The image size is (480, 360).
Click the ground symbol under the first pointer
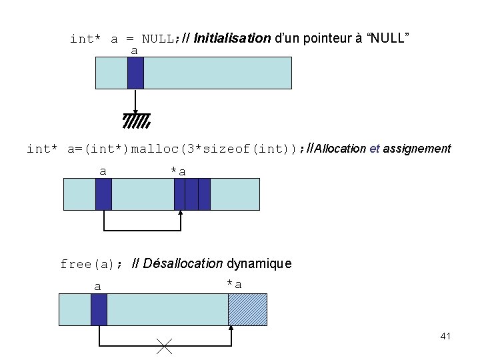coord(136,120)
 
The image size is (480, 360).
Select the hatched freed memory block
coord(247,309)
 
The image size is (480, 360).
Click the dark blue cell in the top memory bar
coord(135,73)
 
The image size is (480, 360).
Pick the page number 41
coord(445,336)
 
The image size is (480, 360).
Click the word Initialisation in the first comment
coord(232,38)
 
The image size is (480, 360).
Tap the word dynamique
coord(260,263)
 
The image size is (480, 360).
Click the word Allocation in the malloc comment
coord(340,149)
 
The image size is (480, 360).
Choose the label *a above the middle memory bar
coord(178,171)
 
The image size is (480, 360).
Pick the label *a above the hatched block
coord(234,285)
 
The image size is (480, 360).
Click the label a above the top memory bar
coord(134,51)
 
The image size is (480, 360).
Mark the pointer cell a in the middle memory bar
coord(103,194)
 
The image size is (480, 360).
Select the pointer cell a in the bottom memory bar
coord(99,309)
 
